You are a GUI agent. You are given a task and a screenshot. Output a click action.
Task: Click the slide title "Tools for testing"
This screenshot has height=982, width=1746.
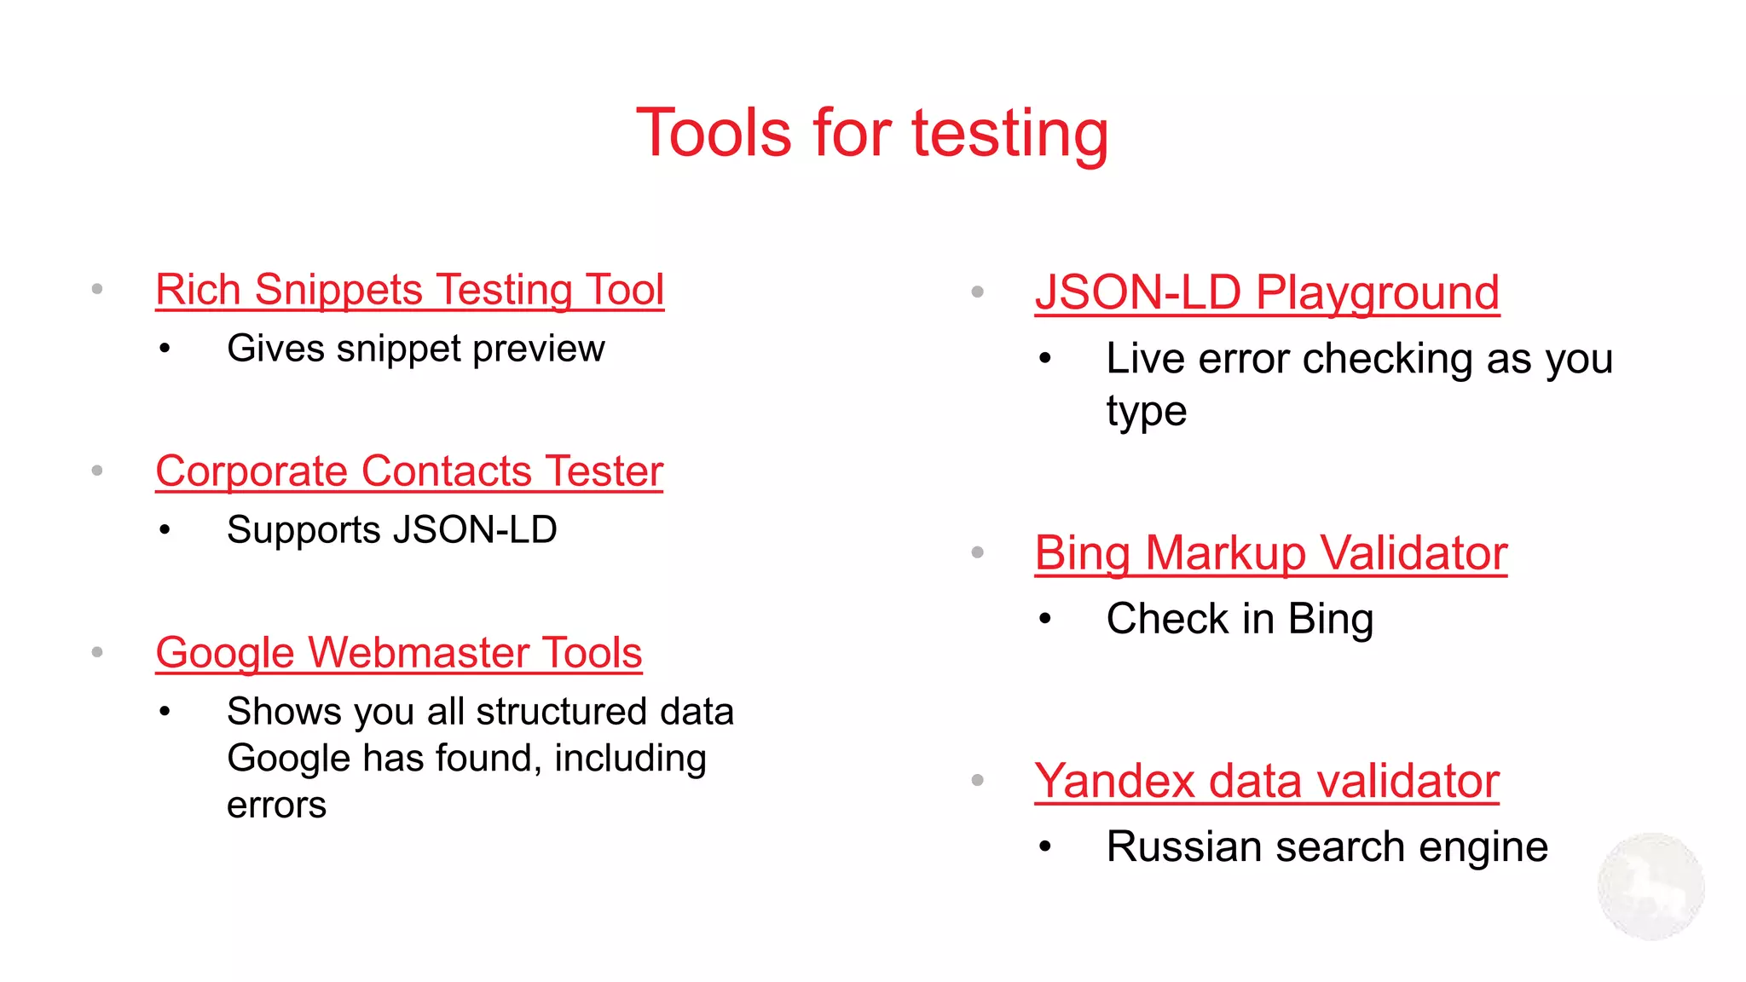tap(872, 133)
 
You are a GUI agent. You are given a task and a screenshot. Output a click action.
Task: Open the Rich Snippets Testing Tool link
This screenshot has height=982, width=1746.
tap(409, 290)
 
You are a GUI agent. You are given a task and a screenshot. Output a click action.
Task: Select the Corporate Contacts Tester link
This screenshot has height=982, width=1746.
tap(409, 471)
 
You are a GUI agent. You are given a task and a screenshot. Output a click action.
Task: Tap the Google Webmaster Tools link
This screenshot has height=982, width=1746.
tap(398, 653)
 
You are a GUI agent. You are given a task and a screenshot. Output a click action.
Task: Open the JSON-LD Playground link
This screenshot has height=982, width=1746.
tap(1267, 292)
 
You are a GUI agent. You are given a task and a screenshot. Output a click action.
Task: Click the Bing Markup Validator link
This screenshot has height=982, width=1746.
tap(1270, 553)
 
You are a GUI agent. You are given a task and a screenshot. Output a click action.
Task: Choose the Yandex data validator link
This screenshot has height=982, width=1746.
tap(1267, 781)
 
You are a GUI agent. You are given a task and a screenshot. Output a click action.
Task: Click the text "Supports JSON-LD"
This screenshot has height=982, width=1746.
tap(392, 530)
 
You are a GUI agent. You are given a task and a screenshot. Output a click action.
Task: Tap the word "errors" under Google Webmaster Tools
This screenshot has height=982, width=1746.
tap(276, 805)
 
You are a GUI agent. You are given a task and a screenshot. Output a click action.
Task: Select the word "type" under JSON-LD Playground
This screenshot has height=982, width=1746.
tap(1146, 412)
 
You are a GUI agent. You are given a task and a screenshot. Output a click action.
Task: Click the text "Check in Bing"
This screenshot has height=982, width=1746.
tap(1240, 619)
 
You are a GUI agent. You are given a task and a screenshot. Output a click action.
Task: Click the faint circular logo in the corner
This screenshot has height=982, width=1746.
tap(1651, 887)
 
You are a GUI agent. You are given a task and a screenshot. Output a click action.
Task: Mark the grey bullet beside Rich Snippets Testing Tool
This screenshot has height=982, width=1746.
tap(97, 290)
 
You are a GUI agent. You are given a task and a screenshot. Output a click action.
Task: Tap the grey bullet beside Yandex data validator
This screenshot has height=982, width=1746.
tap(978, 780)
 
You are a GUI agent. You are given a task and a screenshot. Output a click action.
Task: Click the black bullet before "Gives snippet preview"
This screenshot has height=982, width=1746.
tap(165, 349)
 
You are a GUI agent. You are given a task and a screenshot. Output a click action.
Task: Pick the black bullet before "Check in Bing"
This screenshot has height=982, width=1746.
tap(1045, 619)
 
